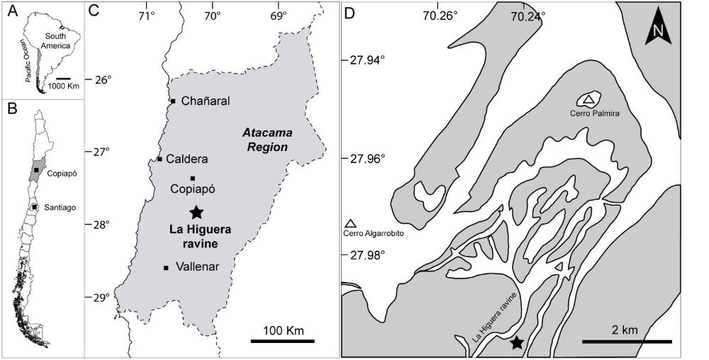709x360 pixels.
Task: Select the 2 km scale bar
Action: [x=627, y=342]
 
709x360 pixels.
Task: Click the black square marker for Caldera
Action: [x=160, y=159]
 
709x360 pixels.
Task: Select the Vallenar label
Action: [x=199, y=267]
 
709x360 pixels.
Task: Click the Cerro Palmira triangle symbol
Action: [x=588, y=99]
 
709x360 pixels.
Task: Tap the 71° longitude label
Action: [x=146, y=14]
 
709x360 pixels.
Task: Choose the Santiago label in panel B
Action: [x=59, y=207]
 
